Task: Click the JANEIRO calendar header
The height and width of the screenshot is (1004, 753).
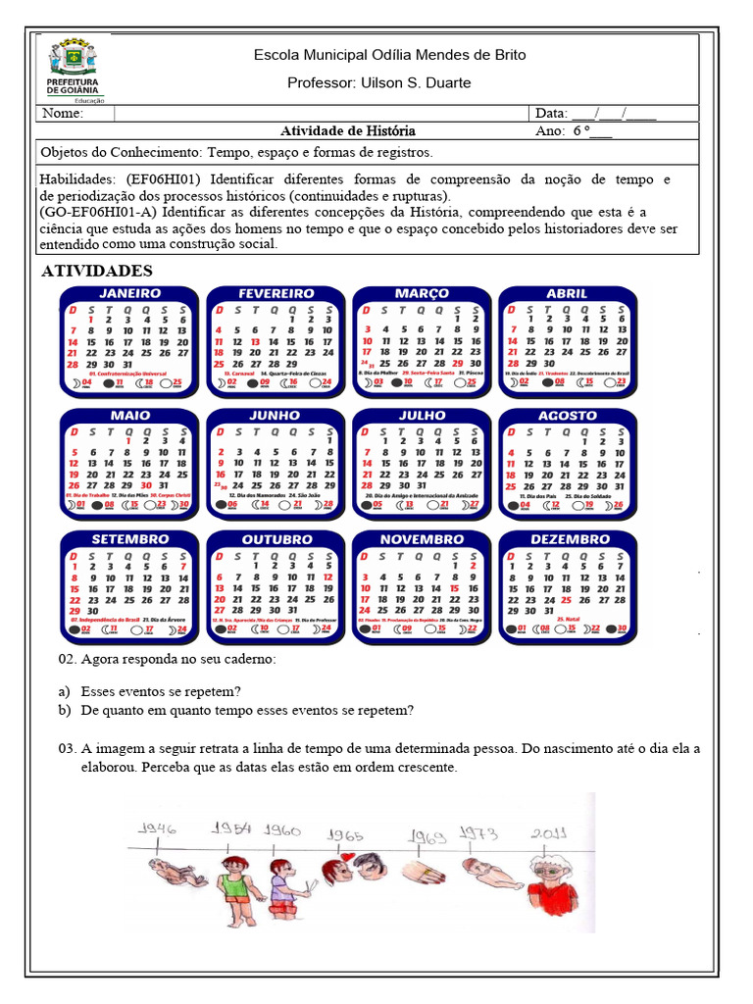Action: coord(130,293)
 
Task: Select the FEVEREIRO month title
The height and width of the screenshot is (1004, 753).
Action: coord(276,293)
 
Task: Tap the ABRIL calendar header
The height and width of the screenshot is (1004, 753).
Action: coord(567,293)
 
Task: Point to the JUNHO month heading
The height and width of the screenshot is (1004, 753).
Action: coord(275,416)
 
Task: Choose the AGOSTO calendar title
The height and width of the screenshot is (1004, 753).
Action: coord(567,416)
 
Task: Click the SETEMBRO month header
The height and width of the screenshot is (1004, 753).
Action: coord(130,539)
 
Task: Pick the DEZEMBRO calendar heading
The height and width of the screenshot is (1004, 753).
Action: coord(569,539)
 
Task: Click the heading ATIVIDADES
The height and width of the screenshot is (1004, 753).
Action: coord(97,271)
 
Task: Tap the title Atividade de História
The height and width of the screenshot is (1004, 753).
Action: coord(348,130)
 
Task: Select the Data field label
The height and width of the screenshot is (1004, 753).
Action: coord(551,113)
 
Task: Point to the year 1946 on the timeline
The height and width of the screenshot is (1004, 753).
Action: coord(158,828)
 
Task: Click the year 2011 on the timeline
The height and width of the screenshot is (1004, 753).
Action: coord(551,833)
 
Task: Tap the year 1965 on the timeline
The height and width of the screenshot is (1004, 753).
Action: coord(347,835)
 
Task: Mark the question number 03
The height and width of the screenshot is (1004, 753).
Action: coord(67,749)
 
